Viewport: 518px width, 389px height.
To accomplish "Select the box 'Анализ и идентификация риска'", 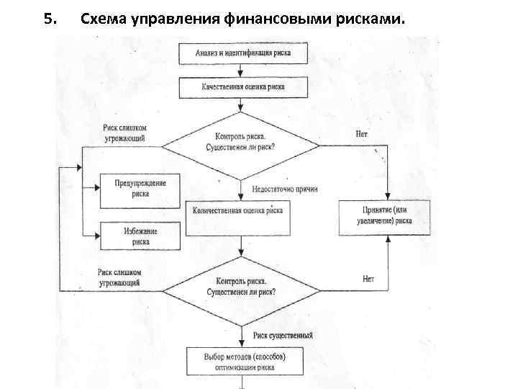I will click(243, 53).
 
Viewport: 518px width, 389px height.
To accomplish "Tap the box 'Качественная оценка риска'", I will click(243, 87).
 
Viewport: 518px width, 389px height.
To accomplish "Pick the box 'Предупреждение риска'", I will click(140, 188).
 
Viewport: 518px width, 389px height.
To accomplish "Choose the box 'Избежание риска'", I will click(140, 236).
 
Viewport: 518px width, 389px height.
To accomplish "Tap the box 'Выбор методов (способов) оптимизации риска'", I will click(243, 362).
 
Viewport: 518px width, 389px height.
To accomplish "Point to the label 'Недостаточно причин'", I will click(285, 189).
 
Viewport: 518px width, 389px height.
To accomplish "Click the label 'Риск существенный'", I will click(283, 336).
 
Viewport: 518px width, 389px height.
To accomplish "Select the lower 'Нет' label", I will click(368, 278).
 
